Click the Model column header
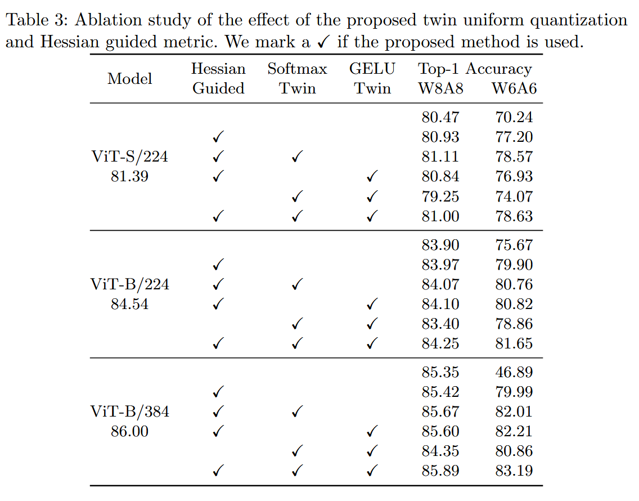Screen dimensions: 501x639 pos(129,79)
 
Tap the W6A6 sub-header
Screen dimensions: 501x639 pos(514,88)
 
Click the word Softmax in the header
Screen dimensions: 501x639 pos(297,69)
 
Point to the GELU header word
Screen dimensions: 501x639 pos(372,69)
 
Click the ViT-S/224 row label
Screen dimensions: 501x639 pos(129,156)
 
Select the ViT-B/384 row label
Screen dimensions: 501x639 pos(129,411)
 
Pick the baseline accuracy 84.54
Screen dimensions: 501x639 pos(129,304)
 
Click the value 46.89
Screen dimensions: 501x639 pos(514,372)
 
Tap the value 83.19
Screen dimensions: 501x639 pos(514,471)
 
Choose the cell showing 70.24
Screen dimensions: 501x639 pos(514,117)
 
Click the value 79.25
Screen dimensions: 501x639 pos(440,196)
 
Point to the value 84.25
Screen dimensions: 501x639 pos(440,343)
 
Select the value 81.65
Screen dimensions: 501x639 pos(514,343)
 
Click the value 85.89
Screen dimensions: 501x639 pos(440,471)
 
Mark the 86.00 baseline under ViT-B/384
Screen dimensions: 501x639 pos(129,431)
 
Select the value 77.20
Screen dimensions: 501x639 pos(514,137)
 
